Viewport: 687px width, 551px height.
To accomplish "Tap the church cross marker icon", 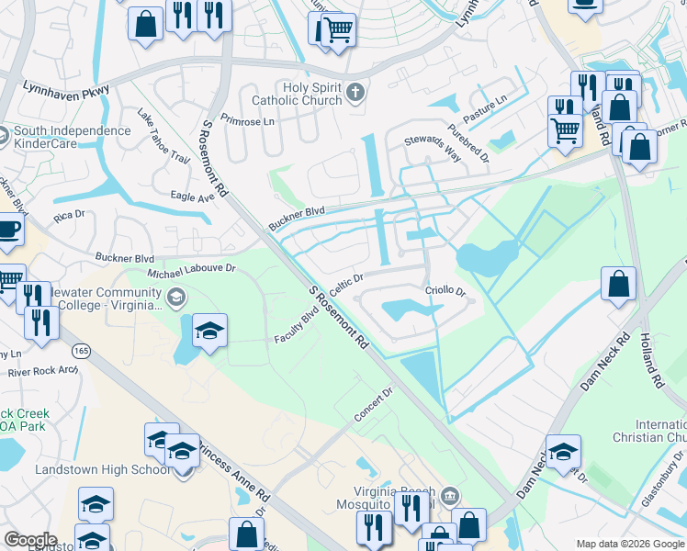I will (357, 93).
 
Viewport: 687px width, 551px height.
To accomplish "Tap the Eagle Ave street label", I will (192, 196).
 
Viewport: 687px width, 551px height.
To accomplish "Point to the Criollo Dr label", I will (445, 291).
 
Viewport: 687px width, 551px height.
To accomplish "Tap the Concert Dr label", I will (374, 403).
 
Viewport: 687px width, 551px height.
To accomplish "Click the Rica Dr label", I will (69, 216).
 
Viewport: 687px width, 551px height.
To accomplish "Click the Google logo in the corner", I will (30, 540).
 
